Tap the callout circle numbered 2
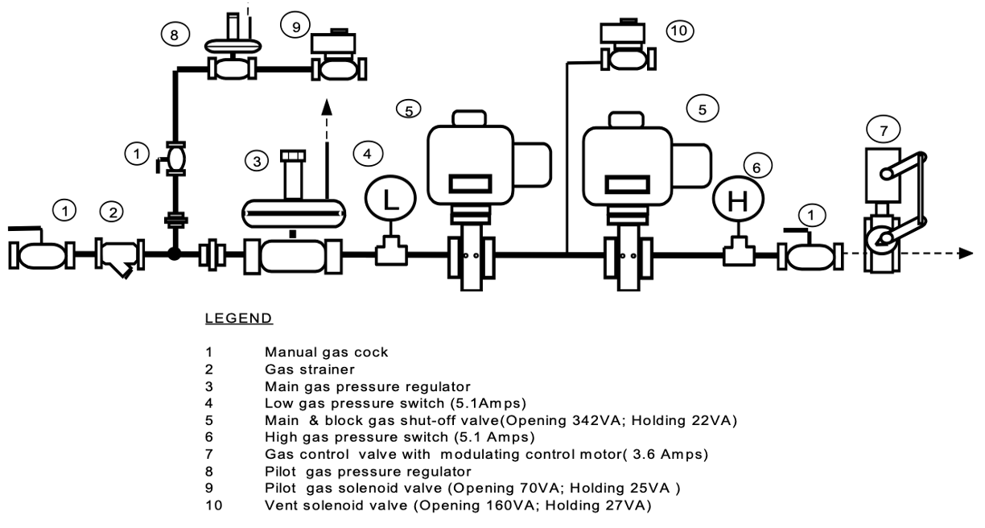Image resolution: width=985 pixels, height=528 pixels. coord(113,212)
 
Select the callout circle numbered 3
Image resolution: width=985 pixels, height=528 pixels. coord(258,161)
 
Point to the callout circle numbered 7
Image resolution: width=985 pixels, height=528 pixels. coord(884,128)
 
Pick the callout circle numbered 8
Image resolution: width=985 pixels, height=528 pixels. coord(174,35)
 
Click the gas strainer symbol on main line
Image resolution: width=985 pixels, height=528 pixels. coord(118,256)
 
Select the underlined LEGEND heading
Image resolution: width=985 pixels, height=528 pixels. coord(240,319)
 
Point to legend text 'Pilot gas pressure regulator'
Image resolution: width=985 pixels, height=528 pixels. coord(368,471)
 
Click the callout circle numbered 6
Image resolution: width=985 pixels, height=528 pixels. coord(756,166)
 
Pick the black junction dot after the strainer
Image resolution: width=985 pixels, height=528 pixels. coord(174,255)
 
